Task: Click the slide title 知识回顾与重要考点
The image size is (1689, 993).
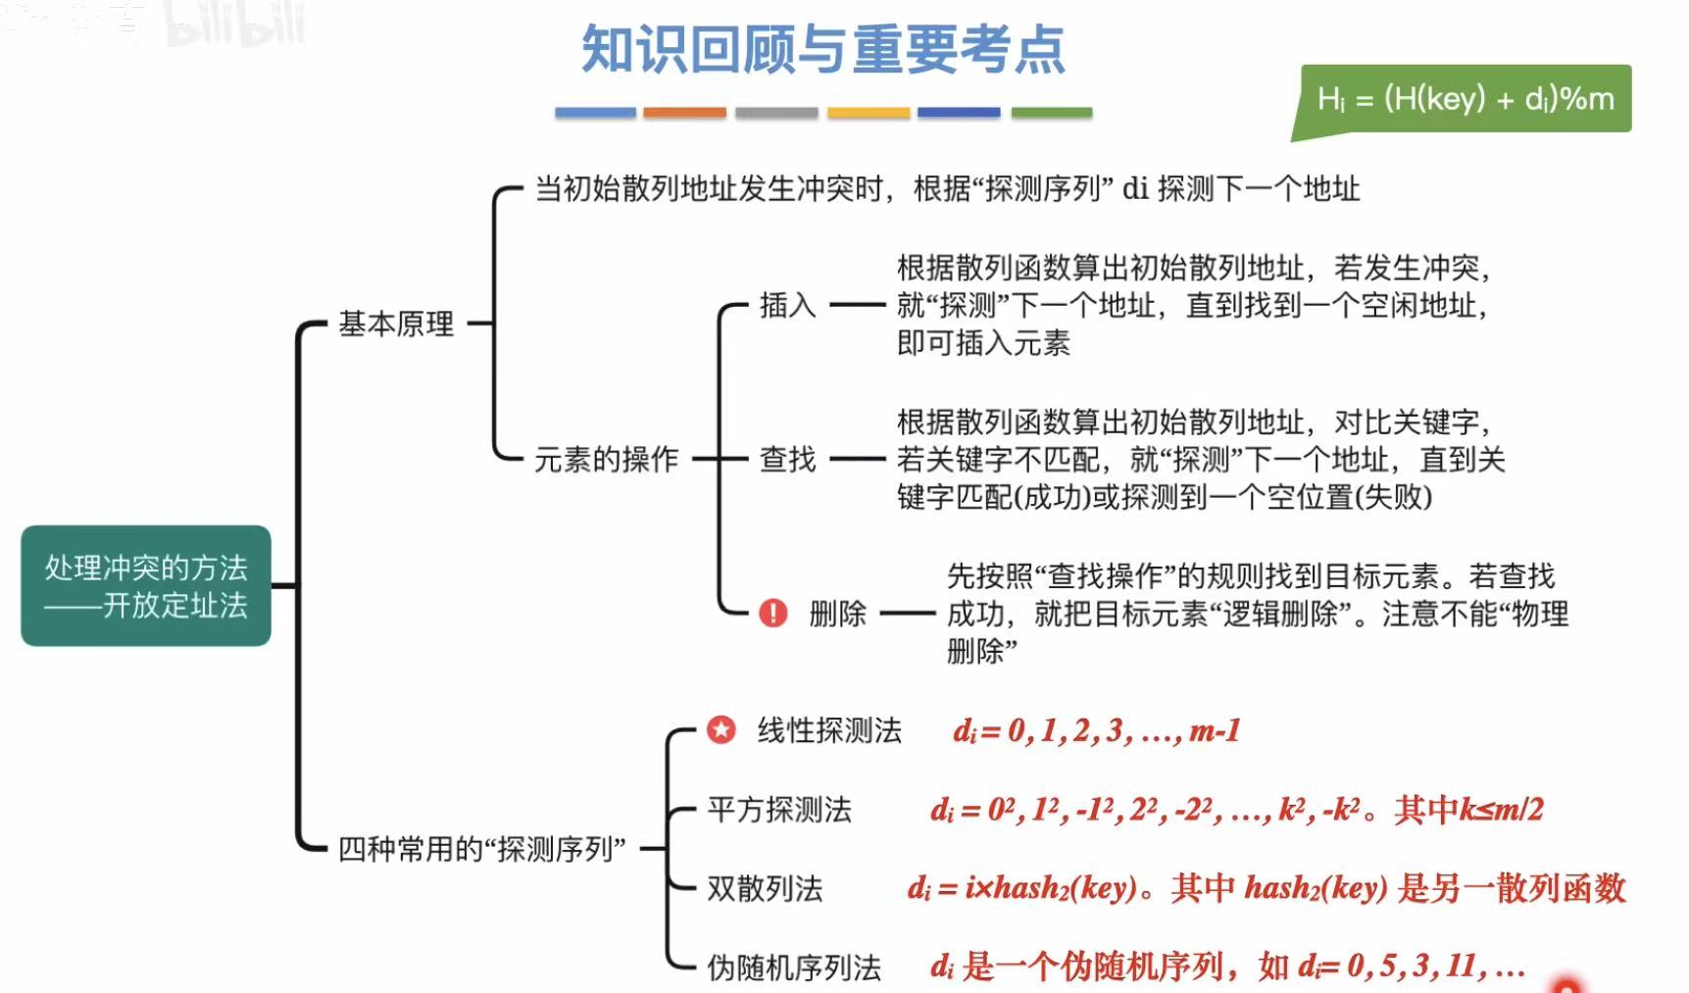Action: [822, 50]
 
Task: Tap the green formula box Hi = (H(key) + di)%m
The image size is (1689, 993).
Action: [1465, 99]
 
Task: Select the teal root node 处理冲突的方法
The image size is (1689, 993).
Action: [146, 585]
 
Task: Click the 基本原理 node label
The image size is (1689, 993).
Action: [396, 323]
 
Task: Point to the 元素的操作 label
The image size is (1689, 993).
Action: [606, 459]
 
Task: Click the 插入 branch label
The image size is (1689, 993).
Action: [787, 306]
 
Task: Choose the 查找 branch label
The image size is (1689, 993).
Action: [787, 459]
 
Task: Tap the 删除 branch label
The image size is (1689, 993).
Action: [837, 614]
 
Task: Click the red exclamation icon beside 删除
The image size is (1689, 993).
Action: [772, 614]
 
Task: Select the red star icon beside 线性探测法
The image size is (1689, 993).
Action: [720, 729]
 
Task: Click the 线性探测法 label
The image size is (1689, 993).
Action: [829, 730]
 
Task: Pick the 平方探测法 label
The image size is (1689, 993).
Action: [779, 810]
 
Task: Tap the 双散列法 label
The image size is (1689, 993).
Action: [765, 888]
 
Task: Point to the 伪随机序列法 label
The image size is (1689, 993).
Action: [794, 968]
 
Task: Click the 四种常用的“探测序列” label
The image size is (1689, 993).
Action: [481, 848]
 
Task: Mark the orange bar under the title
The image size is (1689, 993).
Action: [684, 113]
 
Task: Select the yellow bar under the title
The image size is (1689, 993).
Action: [868, 113]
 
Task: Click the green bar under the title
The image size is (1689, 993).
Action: [1051, 113]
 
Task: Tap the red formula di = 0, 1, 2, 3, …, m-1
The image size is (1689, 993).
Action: [1096, 730]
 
